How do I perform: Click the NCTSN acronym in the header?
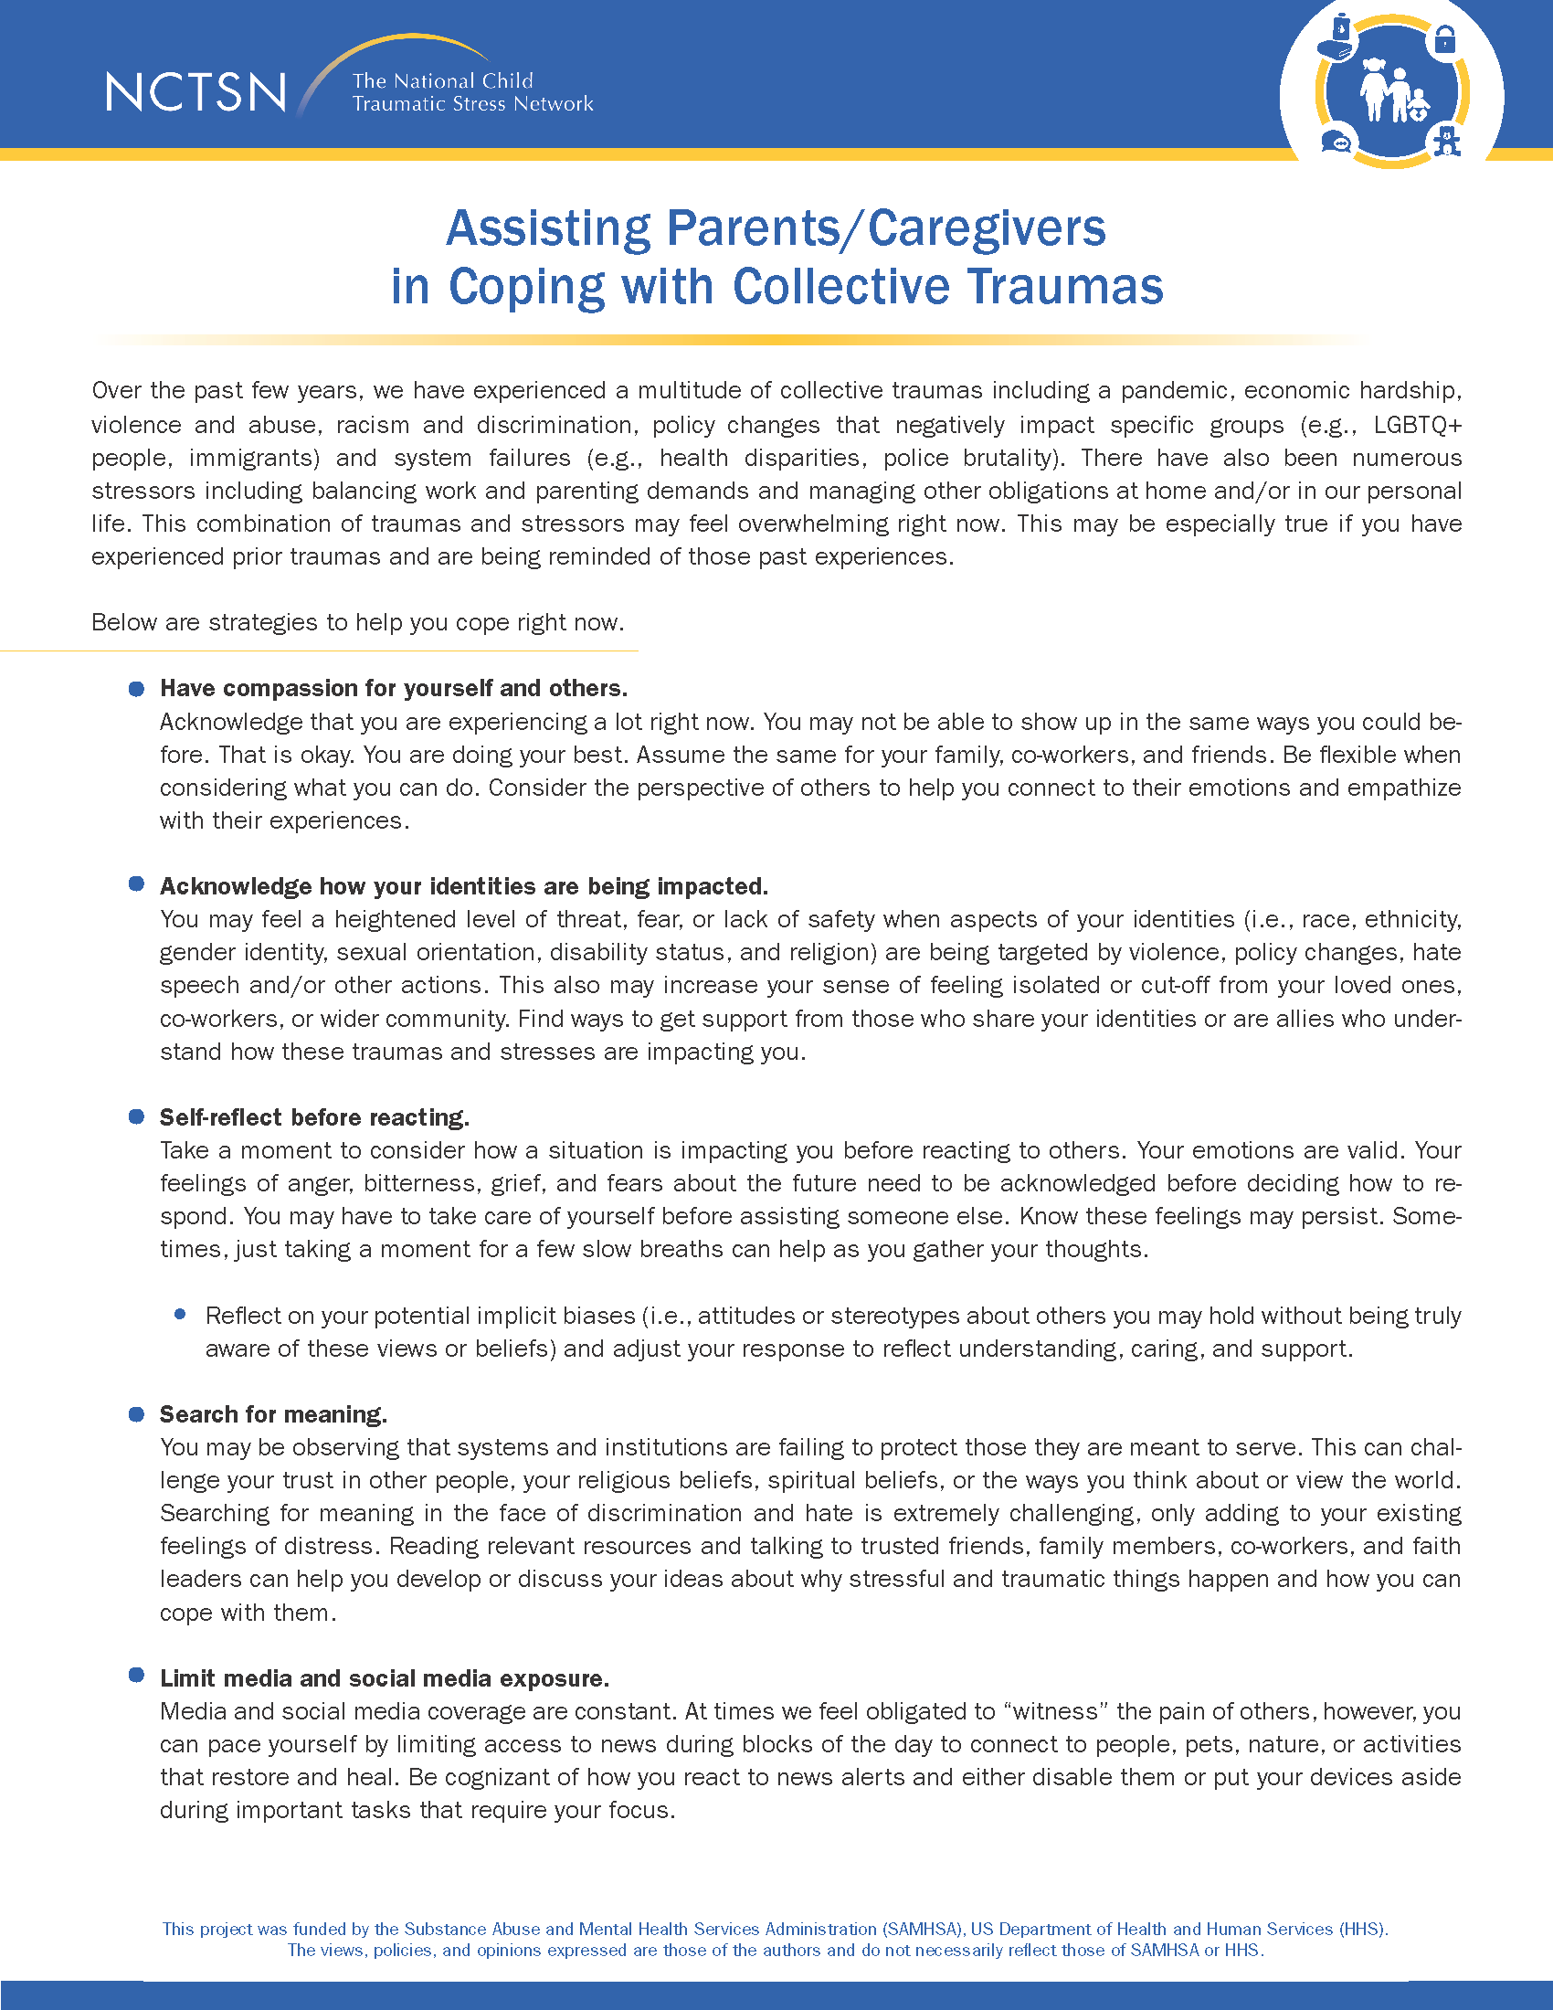pyautogui.click(x=196, y=93)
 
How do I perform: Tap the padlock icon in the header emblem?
pyautogui.click(x=1445, y=39)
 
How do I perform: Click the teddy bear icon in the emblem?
pyautogui.click(x=1447, y=141)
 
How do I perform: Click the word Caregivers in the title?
pyautogui.click(x=987, y=228)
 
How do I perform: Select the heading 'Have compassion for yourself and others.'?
pyautogui.click(x=394, y=688)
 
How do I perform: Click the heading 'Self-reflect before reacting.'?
pyautogui.click(x=314, y=1117)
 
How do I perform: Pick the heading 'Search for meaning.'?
pyautogui.click(x=273, y=1414)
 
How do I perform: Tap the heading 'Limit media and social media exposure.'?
pyautogui.click(x=385, y=1678)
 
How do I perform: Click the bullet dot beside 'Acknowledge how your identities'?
pyautogui.click(x=137, y=884)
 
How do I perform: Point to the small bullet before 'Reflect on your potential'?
pyautogui.click(x=180, y=1314)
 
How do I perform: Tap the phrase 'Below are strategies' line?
pyautogui.click(x=357, y=623)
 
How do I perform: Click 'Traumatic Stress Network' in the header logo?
pyautogui.click(x=473, y=104)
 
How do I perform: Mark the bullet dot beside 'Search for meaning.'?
pyautogui.click(x=137, y=1413)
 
